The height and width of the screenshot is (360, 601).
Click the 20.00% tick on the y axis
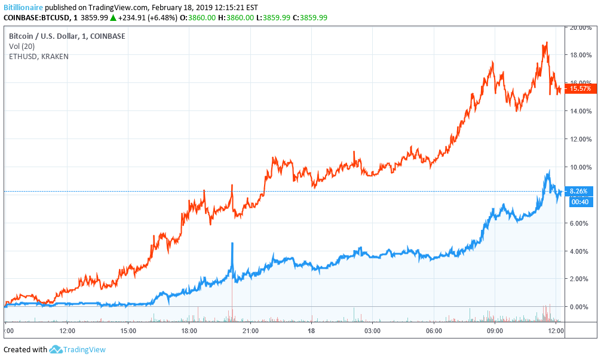(x=580, y=27)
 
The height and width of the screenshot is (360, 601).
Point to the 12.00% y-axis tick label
(x=580, y=139)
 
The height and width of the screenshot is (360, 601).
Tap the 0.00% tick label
(x=580, y=307)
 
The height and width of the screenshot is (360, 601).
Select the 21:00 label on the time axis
(x=250, y=330)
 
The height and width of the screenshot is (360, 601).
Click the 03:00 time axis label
(x=373, y=330)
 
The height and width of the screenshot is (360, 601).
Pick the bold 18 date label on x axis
(x=311, y=330)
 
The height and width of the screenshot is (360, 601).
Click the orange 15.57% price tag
(x=580, y=88)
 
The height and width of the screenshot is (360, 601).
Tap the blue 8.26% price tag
(x=578, y=191)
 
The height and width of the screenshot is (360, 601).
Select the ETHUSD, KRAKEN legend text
(x=39, y=57)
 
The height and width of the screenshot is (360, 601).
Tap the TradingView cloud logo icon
(x=56, y=350)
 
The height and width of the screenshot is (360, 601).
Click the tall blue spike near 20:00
(x=232, y=244)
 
